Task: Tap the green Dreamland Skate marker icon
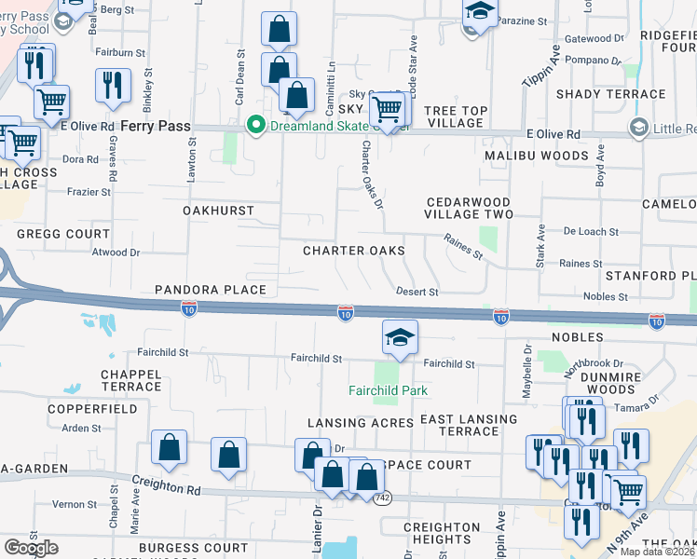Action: (x=253, y=126)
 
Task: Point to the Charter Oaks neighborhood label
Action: (x=354, y=251)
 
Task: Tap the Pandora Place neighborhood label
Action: (x=211, y=291)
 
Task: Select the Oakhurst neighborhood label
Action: (x=218, y=211)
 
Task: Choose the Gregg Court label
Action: (x=63, y=234)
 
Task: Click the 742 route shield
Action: (x=381, y=498)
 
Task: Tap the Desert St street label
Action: (x=417, y=292)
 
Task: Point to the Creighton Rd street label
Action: (x=167, y=488)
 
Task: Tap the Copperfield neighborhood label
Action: (x=80, y=409)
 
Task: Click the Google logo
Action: (x=31, y=547)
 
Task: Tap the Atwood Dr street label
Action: (x=116, y=252)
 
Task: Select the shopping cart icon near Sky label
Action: (x=387, y=109)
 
